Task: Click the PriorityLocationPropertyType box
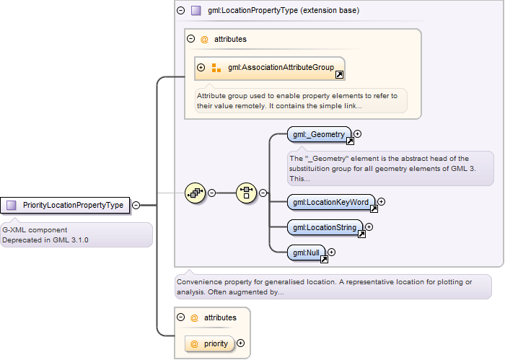(65, 205)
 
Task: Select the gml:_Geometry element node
(319, 134)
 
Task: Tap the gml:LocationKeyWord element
(331, 202)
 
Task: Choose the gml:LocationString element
(325, 228)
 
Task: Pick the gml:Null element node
(307, 253)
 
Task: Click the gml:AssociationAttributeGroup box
(270, 69)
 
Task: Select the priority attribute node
(210, 344)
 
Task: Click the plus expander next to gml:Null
(331, 252)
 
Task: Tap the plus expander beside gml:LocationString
(369, 227)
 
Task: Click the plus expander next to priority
(240, 343)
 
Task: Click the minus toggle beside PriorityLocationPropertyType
(136, 205)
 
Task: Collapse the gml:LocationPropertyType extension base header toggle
(181, 10)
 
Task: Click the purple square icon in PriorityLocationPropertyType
(12, 205)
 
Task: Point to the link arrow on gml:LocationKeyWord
(374, 209)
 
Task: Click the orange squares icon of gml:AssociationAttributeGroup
(216, 68)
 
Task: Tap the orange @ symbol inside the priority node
(194, 344)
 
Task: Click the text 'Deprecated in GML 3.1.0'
(45, 240)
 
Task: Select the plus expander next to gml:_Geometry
(357, 133)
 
